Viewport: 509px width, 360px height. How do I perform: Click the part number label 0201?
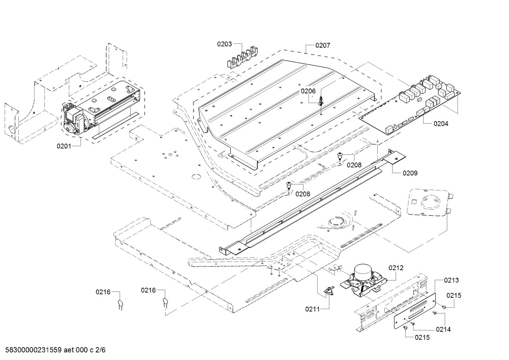64,146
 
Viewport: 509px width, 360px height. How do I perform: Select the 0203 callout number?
224,44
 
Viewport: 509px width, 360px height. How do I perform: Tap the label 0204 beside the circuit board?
441,124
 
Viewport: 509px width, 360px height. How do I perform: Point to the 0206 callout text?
308,91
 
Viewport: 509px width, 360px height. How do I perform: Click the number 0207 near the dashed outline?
323,46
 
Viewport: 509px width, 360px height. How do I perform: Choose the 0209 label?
410,173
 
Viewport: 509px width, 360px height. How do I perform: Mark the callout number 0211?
312,309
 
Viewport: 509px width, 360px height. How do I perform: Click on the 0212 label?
396,268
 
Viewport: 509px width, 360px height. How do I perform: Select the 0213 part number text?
451,281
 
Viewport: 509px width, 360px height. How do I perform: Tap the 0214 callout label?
443,329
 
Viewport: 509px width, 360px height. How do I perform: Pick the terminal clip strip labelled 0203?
242,57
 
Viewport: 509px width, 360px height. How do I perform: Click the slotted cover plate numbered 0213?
415,311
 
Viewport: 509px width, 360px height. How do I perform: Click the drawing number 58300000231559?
33,350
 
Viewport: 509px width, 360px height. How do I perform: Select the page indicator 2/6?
100,350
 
